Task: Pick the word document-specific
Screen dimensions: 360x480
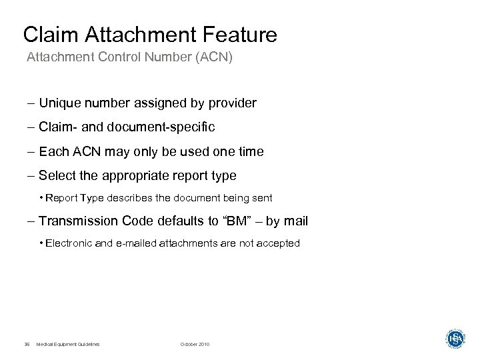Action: click(161, 127)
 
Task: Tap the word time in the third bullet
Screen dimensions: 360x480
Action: click(250, 152)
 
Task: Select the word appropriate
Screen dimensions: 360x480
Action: click(131, 176)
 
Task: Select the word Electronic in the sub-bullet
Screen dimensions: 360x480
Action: click(69, 244)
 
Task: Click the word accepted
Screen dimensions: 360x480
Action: click(280, 244)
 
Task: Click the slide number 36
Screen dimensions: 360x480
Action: click(27, 344)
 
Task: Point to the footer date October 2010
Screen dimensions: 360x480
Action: click(195, 344)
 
